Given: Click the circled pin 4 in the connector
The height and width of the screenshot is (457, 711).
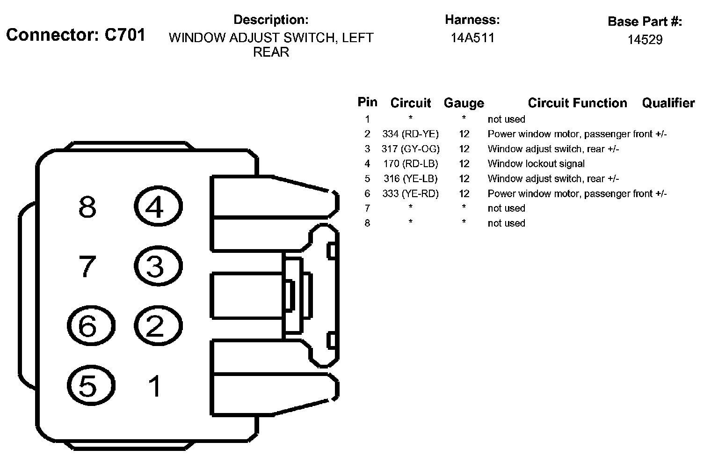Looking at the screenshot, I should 158,206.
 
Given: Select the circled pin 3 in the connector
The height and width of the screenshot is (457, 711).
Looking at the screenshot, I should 158,266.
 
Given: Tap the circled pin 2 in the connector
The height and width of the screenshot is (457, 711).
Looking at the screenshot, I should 158,326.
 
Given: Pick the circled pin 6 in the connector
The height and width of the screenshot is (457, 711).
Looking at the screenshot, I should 90,326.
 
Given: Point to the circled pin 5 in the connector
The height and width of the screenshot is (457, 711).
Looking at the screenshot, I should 90,386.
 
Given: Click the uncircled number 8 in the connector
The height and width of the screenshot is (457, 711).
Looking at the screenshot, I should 87,206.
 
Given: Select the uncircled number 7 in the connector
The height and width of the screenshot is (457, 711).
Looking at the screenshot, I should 87,266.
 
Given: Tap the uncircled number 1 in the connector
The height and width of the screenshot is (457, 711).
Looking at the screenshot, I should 155,386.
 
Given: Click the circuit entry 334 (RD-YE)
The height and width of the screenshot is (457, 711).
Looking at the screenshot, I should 410,134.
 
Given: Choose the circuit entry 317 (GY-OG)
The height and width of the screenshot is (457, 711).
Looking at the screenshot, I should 410,149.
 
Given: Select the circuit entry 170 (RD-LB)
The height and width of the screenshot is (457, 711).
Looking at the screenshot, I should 410,164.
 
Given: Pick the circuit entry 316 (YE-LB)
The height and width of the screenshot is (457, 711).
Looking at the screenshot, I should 410,179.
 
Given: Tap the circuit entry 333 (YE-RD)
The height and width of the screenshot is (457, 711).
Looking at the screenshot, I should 410,193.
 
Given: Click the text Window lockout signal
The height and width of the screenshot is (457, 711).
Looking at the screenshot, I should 536,164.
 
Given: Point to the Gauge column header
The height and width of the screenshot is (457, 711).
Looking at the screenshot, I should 464,103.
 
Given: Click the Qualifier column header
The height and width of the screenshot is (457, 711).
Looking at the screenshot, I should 668,103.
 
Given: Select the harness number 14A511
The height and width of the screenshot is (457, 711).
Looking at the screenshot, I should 472,38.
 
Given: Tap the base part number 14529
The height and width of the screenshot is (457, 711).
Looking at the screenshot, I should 645,40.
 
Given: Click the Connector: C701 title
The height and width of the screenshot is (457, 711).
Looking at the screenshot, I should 76,35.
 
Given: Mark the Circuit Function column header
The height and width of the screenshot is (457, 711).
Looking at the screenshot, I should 577,103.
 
